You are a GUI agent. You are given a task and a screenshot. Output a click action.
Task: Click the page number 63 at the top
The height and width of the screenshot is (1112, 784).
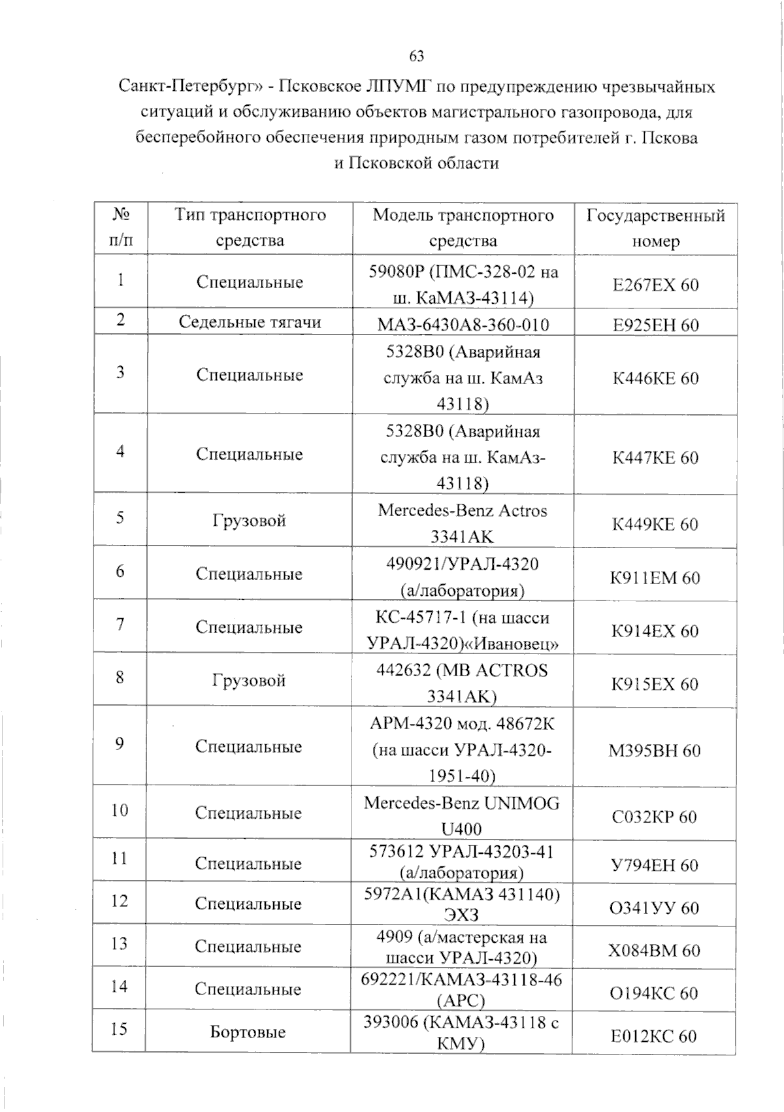(x=416, y=56)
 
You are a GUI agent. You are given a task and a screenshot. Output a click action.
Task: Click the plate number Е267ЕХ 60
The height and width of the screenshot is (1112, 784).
(x=655, y=285)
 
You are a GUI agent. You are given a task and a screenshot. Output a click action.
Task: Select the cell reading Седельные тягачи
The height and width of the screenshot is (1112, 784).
(x=250, y=322)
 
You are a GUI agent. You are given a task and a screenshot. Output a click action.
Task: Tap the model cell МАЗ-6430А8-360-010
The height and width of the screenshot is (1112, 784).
(x=463, y=325)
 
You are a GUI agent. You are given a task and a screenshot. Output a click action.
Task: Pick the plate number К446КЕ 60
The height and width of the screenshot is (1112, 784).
(x=655, y=378)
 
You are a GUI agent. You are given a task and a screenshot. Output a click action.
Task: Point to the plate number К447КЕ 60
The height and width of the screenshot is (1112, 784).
(x=655, y=457)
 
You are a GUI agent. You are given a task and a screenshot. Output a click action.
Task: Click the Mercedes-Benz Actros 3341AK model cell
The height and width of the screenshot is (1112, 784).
(x=462, y=523)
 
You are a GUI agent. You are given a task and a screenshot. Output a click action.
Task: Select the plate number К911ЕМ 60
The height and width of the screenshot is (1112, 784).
(x=655, y=578)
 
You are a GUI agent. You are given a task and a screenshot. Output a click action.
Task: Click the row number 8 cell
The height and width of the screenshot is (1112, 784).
(x=120, y=677)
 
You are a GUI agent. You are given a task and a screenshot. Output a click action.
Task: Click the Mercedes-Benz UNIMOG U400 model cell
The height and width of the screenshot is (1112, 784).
(x=461, y=815)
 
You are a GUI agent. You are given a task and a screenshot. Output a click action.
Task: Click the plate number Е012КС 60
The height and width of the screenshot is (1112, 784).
(x=653, y=1036)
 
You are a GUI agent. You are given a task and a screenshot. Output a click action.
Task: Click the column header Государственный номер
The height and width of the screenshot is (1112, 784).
(x=655, y=228)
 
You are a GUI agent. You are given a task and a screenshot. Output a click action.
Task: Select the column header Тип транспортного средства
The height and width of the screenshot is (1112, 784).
(x=250, y=227)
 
